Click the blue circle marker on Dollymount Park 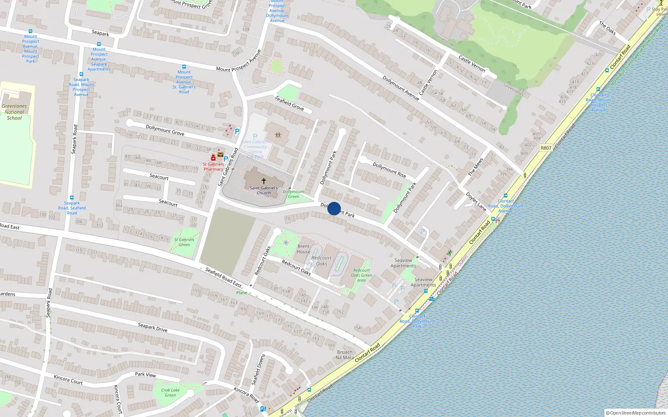pyautogui.click(x=334, y=208)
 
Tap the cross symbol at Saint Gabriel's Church pyautogui.click(x=264, y=181)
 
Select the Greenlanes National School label pyautogui.click(x=14, y=112)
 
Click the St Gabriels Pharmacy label pyautogui.click(x=213, y=167)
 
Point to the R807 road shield pyautogui.click(x=546, y=148)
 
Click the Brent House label pyautogui.click(x=304, y=249)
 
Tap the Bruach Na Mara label pyautogui.click(x=345, y=355)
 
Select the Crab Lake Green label pyautogui.click(x=170, y=393)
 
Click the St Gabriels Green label pyautogui.click(x=184, y=242)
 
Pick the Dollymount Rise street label pyautogui.click(x=389, y=170)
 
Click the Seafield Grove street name pyautogui.click(x=289, y=103)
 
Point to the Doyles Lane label pyautogui.click(x=476, y=201)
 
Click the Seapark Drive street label pyautogui.click(x=153, y=328)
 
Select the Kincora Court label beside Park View pyautogui.click(x=68, y=379)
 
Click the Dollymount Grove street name pyautogui.click(x=165, y=130)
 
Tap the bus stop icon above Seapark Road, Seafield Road pyautogui.click(x=72, y=198)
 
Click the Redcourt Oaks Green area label pyautogui.click(x=362, y=275)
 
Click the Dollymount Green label pyautogui.click(x=294, y=194)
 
